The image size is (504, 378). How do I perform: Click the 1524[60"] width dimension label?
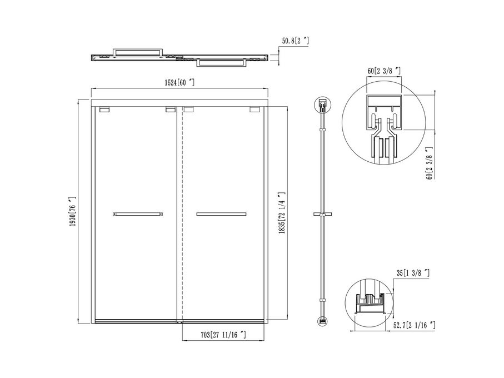(179, 83)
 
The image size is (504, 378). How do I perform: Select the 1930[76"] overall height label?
(73, 211)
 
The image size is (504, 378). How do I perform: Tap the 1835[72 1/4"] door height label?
(282, 213)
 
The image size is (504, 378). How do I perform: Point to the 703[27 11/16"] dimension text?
(223, 335)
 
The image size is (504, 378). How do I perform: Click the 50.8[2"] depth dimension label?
(296, 41)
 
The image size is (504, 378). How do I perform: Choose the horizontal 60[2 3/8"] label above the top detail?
(384, 71)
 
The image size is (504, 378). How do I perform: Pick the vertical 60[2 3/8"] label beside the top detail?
(430, 163)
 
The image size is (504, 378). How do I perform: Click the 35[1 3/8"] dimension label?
(413, 273)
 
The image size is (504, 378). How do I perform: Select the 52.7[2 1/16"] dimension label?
(415, 325)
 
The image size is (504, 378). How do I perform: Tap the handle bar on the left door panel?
(138, 214)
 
